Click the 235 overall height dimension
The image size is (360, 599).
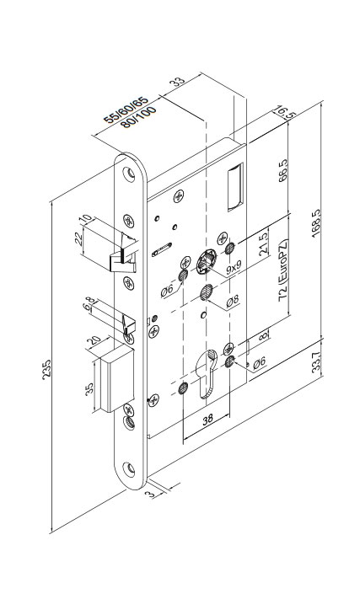pyautogui.click(x=46, y=369)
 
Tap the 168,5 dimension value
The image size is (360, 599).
pyautogui.click(x=316, y=223)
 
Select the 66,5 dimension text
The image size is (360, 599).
pyautogui.click(x=283, y=170)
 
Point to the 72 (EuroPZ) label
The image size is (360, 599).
pyautogui.click(x=283, y=270)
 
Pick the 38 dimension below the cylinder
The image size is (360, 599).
pyautogui.click(x=207, y=420)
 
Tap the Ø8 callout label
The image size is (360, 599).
pyautogui.click(x=233, y=300)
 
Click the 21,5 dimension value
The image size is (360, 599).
pyautogui.click(x=264, y=246)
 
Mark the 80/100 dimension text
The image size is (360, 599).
pyautogui.click(x=138, y=117)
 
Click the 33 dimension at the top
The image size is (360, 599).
pyautogui.click(x=177, y=82)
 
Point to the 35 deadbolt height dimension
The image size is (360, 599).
pyautogui.click(x=89, y=389)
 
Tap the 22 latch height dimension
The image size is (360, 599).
pyautogui.click(x=78, y=238)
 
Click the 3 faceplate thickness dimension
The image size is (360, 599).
pyautogui.click(x=152, y=494)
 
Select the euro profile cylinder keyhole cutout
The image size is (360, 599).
pyautogui.click(x=207, y=373)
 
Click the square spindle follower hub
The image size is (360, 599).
pyautogui.click(x=207, y=261)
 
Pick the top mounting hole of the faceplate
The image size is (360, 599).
pyautogui.click(x=130, y=174)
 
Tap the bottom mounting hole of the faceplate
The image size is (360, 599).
pyautogui.click(x=129, y=468)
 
